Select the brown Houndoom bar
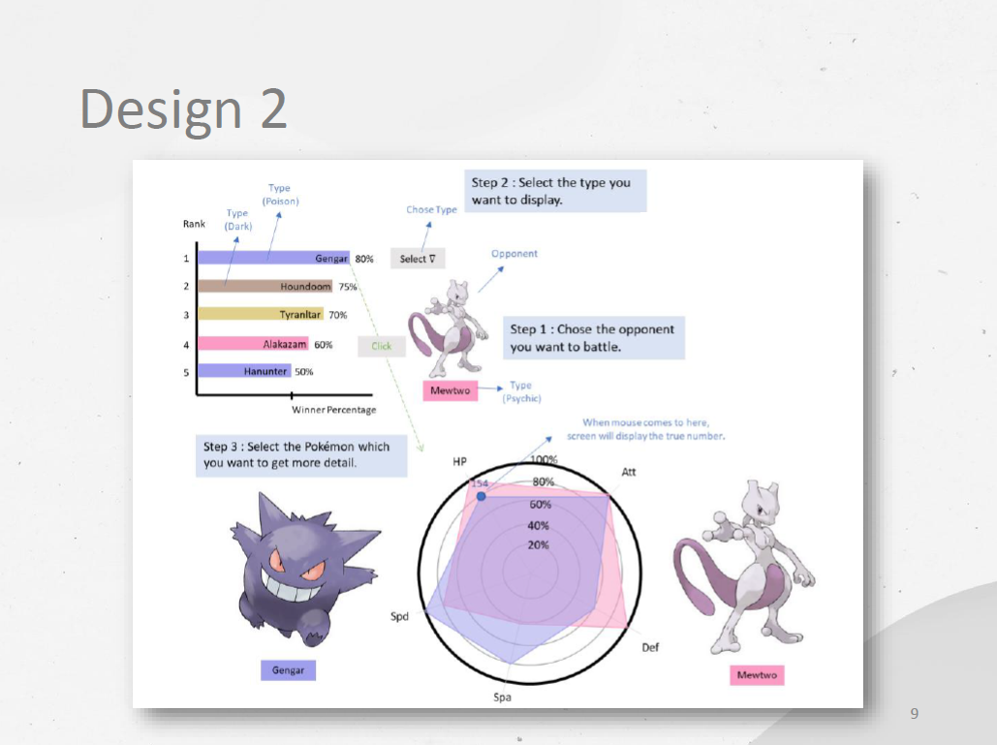[265, 287]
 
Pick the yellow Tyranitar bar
[260, 315]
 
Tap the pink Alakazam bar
[253, 344]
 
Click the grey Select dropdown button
[417, 259]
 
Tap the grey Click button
[381, 346]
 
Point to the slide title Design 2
[184, 109]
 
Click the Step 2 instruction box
[555, 191]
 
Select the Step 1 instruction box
[593, 337]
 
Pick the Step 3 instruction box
[300, 454]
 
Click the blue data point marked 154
[482, 496]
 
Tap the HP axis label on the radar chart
[460, 463]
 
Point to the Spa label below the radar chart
[502, 698]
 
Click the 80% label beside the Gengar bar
[364, 260]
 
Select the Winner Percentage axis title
[334, 410]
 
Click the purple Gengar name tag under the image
[288, 669]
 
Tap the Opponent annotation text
[514, 254]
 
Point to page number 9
[915, 714]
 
